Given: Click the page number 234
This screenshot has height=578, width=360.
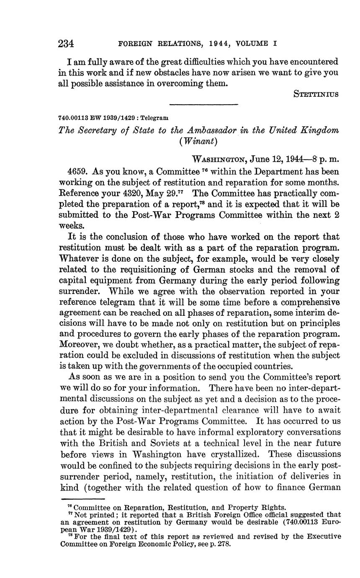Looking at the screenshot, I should coord(66,43).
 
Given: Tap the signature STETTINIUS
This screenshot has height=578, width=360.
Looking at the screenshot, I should coord(316,94).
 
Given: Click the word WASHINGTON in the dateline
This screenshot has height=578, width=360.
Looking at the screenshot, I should coord(218,160).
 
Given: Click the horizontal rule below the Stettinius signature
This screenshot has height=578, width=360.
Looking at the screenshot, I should coord(203,105).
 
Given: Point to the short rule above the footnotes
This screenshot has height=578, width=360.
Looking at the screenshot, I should coord(82,499).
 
